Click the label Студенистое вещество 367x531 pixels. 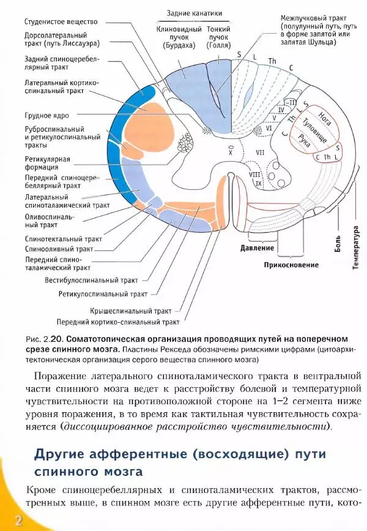pos(61,20)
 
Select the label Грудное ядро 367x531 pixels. pos(46,115)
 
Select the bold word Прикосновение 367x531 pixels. pos(291,265)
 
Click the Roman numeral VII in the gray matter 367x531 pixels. pos(259,150)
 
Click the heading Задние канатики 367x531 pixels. pos(195,13)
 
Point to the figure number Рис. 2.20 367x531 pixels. pos(44,339)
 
